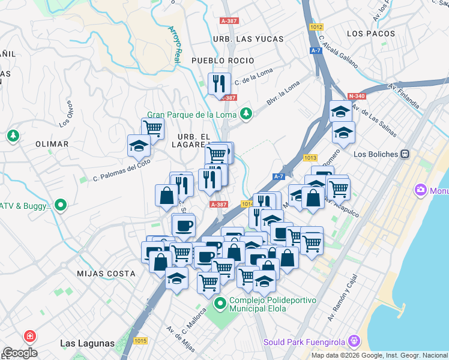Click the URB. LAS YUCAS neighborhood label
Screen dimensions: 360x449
[247, 39]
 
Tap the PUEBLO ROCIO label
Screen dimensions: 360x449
[223, 61]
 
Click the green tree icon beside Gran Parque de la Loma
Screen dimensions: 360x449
[246, 113]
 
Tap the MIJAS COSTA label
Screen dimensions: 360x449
[106, 274]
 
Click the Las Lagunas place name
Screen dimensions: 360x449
[87, 343]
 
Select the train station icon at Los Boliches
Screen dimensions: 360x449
[405, 154]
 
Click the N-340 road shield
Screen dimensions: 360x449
[357, 95]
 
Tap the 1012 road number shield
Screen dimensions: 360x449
[317, 27]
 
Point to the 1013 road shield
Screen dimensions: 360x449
[310, 158]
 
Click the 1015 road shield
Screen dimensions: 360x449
[140, 341]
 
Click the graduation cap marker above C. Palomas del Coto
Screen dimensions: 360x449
[139, 146]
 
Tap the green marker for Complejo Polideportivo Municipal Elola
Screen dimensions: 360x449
[220, 304]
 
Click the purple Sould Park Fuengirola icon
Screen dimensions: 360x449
[354, 342]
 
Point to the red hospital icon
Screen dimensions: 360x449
[28, 337]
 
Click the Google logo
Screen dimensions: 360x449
[20, 353]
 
